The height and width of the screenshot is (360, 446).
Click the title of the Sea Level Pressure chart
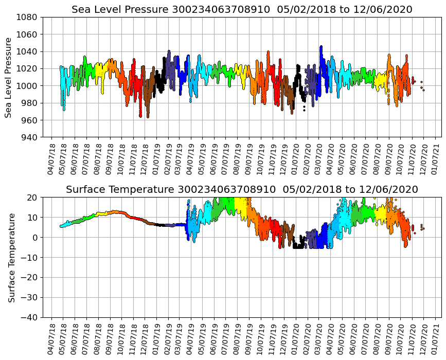[x=242, y=10]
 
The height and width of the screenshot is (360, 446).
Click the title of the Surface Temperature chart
[x=242, y=190]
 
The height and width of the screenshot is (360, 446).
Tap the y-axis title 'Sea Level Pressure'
[x=9, y=77]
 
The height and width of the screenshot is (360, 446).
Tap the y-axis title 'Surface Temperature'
[x=11, y=257]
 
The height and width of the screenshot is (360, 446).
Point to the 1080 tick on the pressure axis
[x=26, y=17]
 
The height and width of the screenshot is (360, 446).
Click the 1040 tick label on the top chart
[x=26, y=51]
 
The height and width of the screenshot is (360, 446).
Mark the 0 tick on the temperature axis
[x=34, y=238]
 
